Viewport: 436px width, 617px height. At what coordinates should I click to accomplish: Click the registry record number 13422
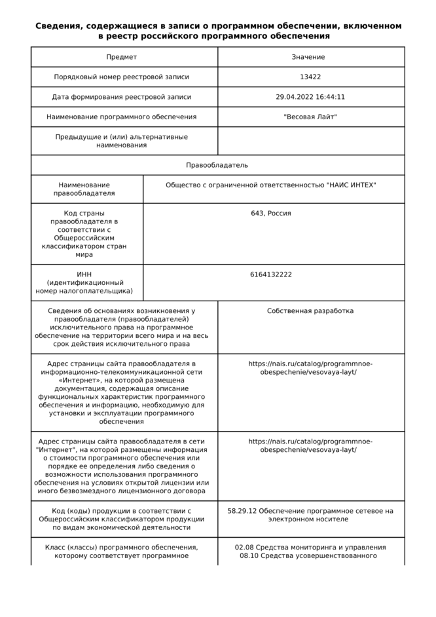point(310,77)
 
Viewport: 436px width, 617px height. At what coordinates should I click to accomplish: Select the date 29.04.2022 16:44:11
point(310,97)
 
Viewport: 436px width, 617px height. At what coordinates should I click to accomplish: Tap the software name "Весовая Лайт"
point(310,117)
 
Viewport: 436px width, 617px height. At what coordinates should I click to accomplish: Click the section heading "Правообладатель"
point(217,165)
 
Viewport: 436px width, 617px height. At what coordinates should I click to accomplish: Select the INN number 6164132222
point(271,274)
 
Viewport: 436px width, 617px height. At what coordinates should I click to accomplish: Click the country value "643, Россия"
point(271,214)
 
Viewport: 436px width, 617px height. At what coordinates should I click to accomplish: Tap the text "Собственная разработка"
point(310,311)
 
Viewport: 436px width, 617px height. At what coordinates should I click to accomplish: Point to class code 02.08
point(245,548)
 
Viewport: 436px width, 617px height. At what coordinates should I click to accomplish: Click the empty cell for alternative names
point(310,141)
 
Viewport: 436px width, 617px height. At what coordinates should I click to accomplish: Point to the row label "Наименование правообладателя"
point(84,189)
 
